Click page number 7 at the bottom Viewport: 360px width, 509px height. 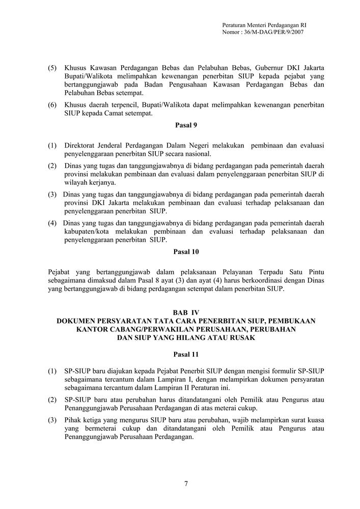pos(185,484)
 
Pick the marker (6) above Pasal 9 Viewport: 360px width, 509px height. pos(52,105)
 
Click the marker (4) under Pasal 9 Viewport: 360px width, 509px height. pos(52,223)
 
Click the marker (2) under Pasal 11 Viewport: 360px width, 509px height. pos(52,400)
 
